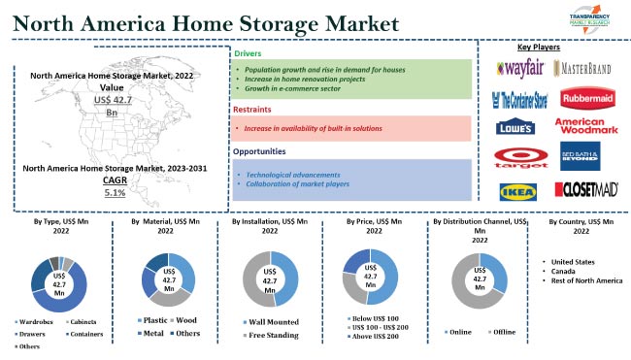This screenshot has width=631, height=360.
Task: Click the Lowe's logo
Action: (x=515, y=126)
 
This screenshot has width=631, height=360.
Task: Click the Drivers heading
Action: (x=249, y=53)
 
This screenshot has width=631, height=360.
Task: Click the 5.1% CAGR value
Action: (x=115, y=193)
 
